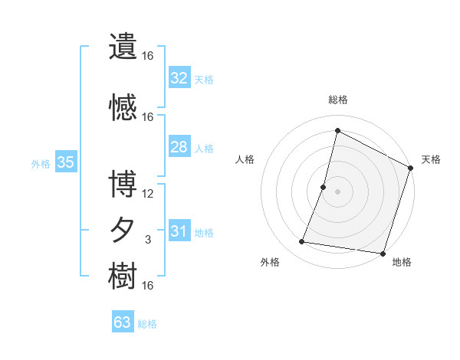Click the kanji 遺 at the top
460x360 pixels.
click(x=123, y=47)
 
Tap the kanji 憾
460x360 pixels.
click(x=123, y=106)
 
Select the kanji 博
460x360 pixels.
click(x=123, y=184)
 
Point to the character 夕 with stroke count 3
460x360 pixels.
click(x=123, y=230)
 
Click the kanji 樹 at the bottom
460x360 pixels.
click(x=123, y=276)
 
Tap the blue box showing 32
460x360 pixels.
click(x=179, y=78)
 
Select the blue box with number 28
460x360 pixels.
click(x=179, y=147)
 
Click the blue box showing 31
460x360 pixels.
click(x=179, y=231)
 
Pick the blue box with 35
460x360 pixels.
click(x=66, y=162)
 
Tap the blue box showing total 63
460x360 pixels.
click(x=123, y=322)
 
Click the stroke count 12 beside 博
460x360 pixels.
click(x=148, y=193)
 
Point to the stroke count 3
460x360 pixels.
click(x=148, y=240)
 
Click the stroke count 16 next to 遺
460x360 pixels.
click(x=148, y=56)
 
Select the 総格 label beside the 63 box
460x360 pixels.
click(x=148, y=324)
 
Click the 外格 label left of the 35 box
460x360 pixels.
click(x=41, y=163)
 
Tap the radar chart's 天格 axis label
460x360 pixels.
click(x=431, y=159)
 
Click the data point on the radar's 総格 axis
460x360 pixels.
click(x=337, y=130)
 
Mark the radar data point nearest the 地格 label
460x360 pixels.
click(x=383, y=253)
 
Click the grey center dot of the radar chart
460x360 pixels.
click(x=337, y=191)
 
